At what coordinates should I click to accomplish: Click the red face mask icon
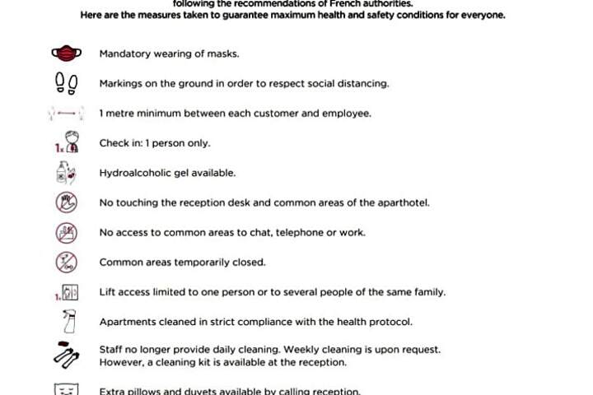click(x=66, y=54)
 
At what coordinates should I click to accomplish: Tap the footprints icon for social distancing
click(x=66, y=83)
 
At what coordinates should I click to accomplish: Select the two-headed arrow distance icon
click(x=66, y=114)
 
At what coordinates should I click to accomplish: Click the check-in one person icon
click(x=66, y=143)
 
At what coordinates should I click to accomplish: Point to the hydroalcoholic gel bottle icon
click(x=65, y=173)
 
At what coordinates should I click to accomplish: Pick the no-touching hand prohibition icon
click(x=66, y=202)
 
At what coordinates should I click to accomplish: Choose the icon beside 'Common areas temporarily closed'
click(x=66, y=263)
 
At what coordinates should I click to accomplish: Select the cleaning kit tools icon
click(x=66, y=355)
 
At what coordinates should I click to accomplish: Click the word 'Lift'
click(x=106, y=292)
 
